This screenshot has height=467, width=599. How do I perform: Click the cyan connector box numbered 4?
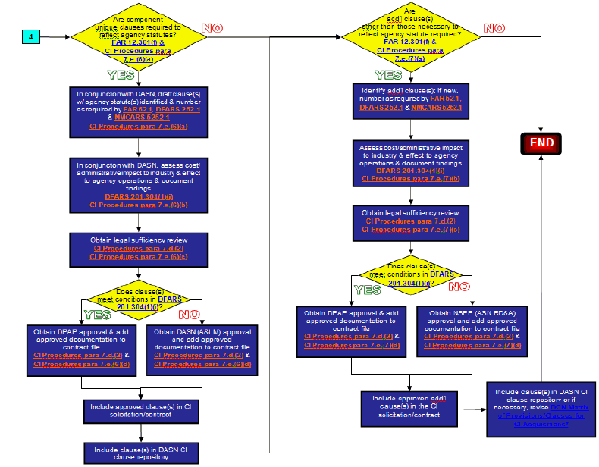[x=31, y=37]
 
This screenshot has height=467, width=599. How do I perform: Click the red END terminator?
[x=541, y=143]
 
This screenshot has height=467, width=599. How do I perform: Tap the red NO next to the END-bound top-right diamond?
[x=494, y=29]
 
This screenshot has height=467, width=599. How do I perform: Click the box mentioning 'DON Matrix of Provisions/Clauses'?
[x=541, y=408]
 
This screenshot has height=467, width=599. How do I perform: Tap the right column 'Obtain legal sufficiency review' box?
[x=410, y=220]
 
